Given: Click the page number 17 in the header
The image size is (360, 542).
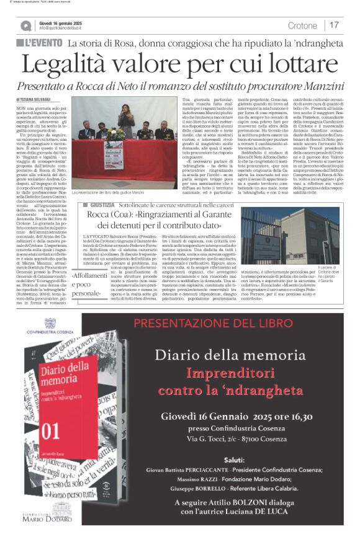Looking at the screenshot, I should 335,25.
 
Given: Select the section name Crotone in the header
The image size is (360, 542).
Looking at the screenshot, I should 302,25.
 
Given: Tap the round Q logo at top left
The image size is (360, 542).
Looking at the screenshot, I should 25,25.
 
